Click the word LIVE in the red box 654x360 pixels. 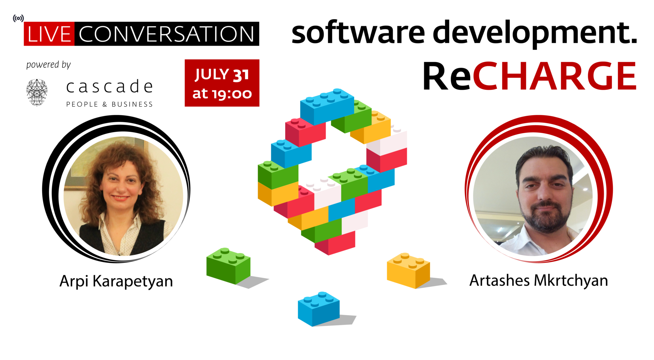point(49,34)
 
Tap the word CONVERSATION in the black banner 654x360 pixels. point(167,34)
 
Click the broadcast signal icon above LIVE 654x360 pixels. point(18,18)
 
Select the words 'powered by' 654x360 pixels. point(48,65)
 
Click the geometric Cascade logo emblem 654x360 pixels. point(37,92)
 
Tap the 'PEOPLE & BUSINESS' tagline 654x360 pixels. point(109,104)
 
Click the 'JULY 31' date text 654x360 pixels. point(222,75)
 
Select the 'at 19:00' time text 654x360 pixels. point(222,93)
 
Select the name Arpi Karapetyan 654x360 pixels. point(116,282)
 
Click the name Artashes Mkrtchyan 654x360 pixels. point(539,281)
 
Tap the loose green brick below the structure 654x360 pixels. point(228,266)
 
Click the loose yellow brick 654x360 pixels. point(408,270)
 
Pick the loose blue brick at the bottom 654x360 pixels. point(318,309)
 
